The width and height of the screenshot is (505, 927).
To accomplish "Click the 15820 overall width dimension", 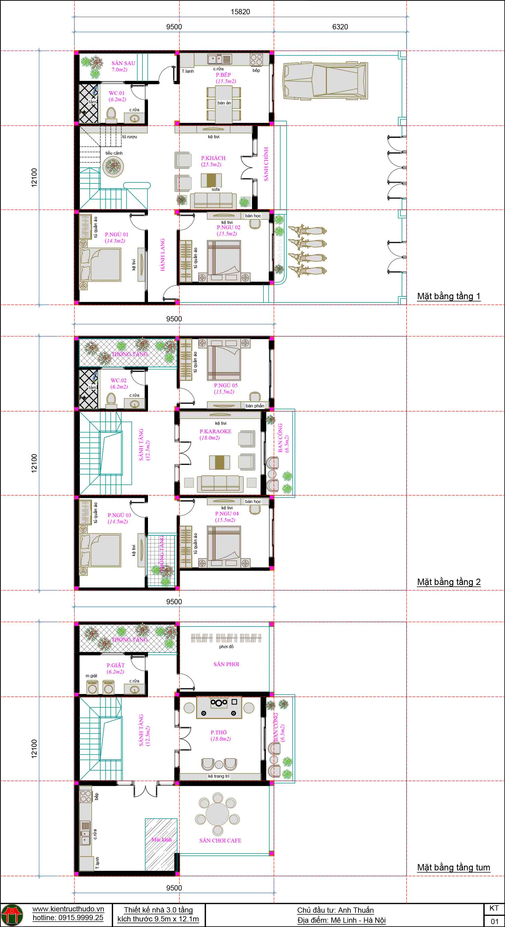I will [240, 12].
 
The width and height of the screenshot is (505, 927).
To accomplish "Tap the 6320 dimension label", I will [340, 27].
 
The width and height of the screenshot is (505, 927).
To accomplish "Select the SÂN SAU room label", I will [123, 63].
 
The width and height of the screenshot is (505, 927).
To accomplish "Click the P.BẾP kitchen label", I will [223, 75].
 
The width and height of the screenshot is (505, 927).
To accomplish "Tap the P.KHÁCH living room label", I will [213, 158].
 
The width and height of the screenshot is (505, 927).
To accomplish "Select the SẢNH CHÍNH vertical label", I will [266, 164].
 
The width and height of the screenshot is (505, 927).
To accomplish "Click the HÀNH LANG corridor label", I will [163, 255].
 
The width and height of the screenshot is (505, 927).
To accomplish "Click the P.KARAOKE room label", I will [215, 431].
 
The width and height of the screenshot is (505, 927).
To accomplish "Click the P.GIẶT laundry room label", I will [115, 665].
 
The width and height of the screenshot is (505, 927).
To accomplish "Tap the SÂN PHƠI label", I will [226, 664].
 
